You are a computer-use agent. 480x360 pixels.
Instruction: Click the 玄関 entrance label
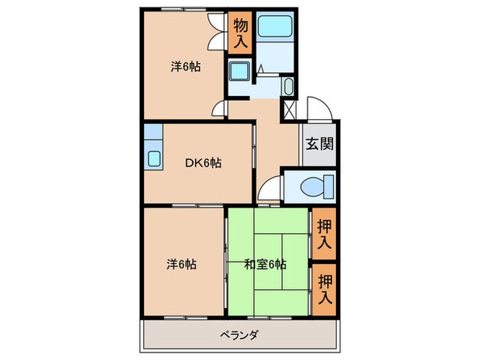click(320, 144)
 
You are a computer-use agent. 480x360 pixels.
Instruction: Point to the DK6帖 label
click(204, 163)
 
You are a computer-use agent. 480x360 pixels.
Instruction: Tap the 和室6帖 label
click(265, 264)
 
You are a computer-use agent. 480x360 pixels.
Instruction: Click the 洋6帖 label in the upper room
click(186, 68)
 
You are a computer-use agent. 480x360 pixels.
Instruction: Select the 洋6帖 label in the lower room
click(182, 264)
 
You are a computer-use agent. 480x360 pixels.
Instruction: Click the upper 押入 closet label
click(324, 235)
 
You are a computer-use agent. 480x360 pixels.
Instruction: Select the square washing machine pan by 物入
click(239, 71)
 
